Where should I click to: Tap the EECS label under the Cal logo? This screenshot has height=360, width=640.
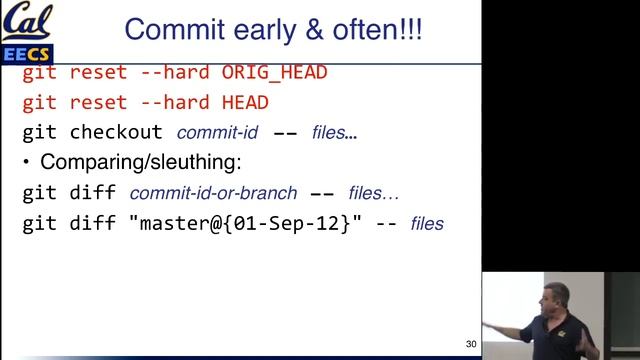coord(27,51)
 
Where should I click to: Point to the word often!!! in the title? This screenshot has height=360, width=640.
coord(381,28)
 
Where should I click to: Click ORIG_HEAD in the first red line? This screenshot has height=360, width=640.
coord(274,73)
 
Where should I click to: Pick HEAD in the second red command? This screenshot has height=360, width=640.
coord(244,102)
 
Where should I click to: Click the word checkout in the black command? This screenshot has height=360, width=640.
coord(116,132)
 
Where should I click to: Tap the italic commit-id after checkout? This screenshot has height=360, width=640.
coord(218,132)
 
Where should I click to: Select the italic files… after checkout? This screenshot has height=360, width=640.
coord(334,132)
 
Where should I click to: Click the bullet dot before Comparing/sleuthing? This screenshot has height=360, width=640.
coord(27,162)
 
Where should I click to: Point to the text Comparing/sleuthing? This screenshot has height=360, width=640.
coord(141,162)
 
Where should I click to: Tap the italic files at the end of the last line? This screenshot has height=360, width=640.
coord(427,223)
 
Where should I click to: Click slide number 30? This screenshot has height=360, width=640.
coord(472,343)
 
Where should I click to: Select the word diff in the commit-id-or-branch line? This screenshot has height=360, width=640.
coord(92,192)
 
